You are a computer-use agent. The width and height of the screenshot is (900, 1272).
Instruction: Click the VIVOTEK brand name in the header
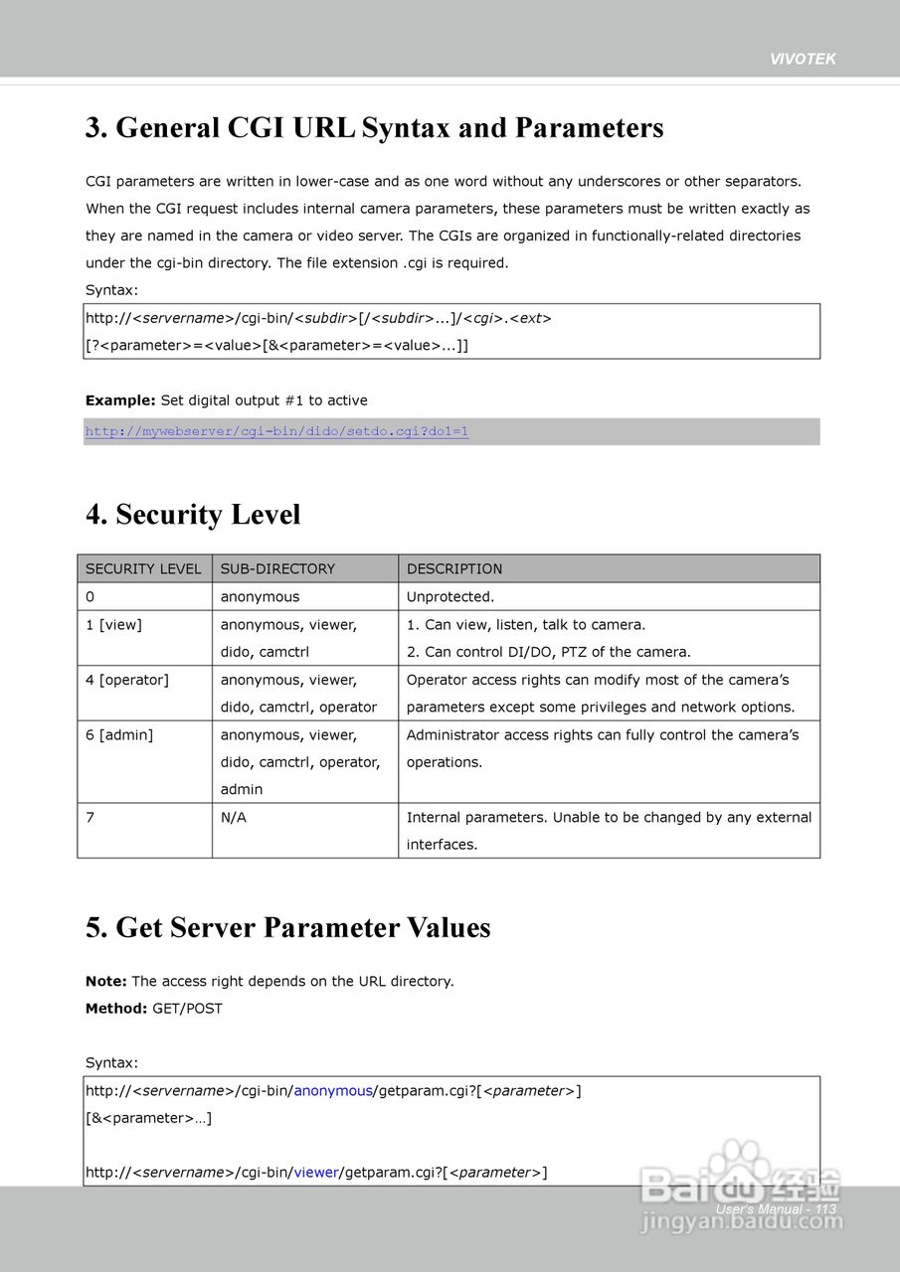(x=803, y=59)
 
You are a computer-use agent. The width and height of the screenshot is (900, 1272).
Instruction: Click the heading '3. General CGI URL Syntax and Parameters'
(x=374, y=128)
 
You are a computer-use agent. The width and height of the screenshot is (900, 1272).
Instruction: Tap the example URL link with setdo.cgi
(x=276, y=431)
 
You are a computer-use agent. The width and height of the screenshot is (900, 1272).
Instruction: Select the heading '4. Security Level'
(x=193, y=515)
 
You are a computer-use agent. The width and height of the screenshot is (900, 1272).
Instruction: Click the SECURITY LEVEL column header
(x=143, y=569)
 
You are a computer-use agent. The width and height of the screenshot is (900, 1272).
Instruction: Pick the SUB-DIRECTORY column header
(x=277, y=569)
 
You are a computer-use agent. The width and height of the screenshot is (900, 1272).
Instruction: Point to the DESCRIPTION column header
(x=454, y=569)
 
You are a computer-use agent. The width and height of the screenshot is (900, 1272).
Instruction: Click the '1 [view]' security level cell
(x=114, y=625)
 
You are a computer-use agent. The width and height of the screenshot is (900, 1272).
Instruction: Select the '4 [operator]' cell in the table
(x=127, y=680)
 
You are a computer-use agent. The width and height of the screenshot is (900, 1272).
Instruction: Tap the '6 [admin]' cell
(x=119, y=735)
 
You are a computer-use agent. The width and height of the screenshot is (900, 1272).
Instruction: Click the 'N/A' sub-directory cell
(x=234, y=818)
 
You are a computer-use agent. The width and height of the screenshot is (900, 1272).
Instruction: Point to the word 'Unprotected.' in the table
(x=450, y=597)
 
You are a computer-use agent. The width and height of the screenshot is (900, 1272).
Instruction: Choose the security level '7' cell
(x=90, y=818)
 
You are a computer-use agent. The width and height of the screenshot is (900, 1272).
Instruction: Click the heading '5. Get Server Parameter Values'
(x=288, y=928)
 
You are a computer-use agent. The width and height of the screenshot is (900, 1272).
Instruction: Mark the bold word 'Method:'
(x=116, y=1009)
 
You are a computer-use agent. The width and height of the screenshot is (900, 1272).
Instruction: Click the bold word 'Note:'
(x=106, y=982)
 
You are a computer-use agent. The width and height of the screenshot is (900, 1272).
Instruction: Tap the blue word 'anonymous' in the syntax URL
(x=332, y=1091)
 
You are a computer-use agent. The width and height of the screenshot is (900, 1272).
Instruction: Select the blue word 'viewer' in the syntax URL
(x=316, y=1173)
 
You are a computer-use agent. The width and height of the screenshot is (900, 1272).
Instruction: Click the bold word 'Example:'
(x=120, y=401)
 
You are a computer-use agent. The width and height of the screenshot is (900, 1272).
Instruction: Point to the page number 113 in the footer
(x=825, y=1209)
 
